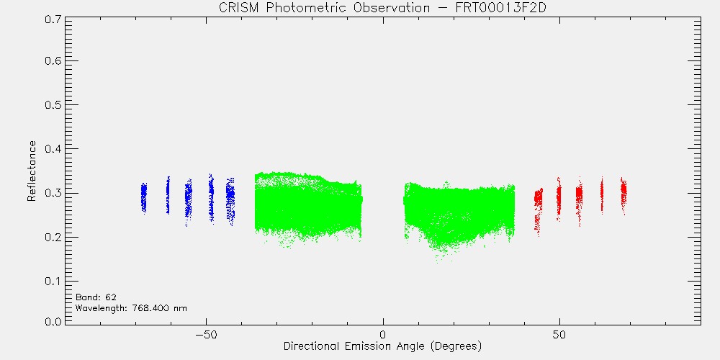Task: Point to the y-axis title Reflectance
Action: tap(31, 171)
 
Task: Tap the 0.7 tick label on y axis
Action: tap(53, 19)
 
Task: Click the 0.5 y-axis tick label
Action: tap(53, 104)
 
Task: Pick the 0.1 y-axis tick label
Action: tap(53, 281)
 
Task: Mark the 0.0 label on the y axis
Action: tap(53, 322)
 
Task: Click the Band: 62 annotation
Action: tap(96, 297)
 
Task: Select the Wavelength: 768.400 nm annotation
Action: tap(131, 308)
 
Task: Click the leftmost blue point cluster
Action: tap(144, 198)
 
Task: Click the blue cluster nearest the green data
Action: tap(230, 202)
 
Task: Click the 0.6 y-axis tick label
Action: tap(53, 60)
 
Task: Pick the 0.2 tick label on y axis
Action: tap(53, 237)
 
